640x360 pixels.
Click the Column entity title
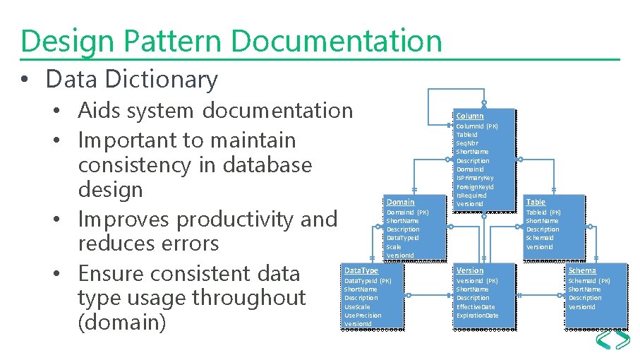click(470, 116)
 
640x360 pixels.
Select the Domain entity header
click(400, 202)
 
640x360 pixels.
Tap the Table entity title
click(536, 202)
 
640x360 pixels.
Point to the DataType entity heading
click(361, 270)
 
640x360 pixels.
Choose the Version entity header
click(470, 270)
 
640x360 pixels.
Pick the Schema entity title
click(582, 270)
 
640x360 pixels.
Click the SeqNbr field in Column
click(467, 143)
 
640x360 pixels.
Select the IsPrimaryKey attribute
click(475, 178)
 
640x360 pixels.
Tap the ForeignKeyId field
click(475, 187)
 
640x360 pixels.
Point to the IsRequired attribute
click(471, 196)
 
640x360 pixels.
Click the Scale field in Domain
click(394, 247)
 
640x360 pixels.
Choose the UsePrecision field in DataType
click(363, 315)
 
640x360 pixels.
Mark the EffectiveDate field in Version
click(476, 307)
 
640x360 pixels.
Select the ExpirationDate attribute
click(477, 316)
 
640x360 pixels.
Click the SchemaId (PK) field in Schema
click(589, 281)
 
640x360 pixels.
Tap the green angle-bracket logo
click(612, 341)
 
